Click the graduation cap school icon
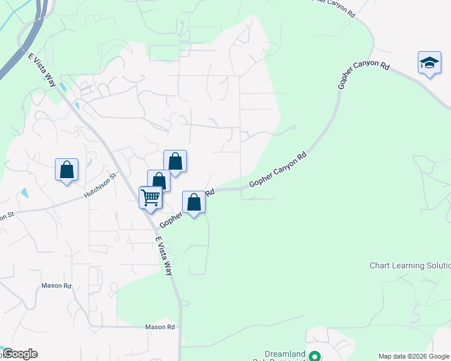coord(429,63)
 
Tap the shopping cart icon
coord(150,197)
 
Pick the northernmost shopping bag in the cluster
coord(175,161)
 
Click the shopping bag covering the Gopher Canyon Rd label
coord(194,202)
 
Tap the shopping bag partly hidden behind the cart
coord(159,179)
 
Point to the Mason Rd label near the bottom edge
coord(160,327)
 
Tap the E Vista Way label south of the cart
coord(164,256)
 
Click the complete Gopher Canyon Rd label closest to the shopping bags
coord(278,170)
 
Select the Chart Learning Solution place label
coord(409,265)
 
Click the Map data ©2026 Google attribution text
coord(414,356)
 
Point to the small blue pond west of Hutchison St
coord(24,194)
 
